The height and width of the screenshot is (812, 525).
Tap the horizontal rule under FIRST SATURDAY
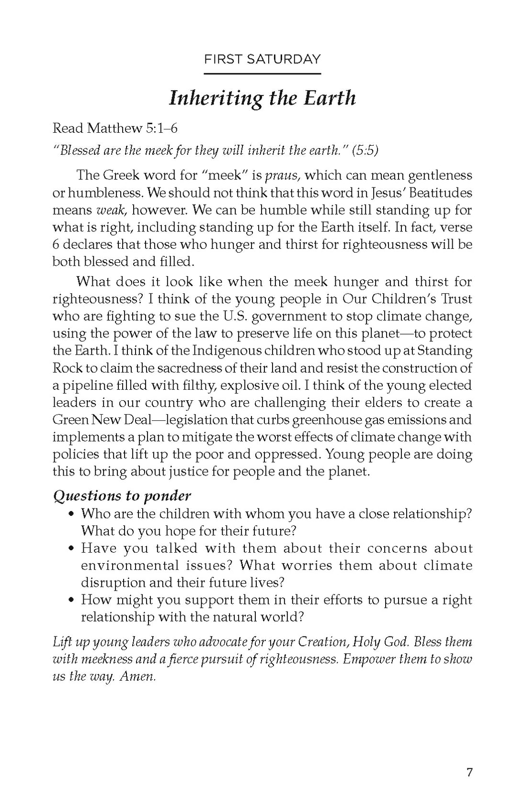click(262, 74)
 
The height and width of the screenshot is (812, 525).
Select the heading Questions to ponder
click(122, 495)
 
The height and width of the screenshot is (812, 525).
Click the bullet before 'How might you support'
click(71, 600)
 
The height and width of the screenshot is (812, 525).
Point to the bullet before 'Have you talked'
click(71, 548)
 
